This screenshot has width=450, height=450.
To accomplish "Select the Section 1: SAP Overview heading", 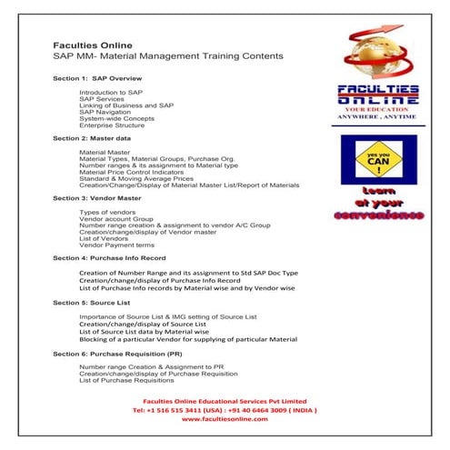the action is point(97,79).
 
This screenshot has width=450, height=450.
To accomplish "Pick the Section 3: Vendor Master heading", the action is point(97,197).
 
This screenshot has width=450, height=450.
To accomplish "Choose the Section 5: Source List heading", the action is point(94,302).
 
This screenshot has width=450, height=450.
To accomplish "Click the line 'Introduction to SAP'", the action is point(111,93).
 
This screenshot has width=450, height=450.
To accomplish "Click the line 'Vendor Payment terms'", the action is point(116,244).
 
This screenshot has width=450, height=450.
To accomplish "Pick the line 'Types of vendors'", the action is point(108,211).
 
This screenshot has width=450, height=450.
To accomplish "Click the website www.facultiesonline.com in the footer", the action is point(224,418).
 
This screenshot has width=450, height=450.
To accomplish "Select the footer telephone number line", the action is point(224,409).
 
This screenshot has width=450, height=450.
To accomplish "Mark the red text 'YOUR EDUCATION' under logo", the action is point(379,118).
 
